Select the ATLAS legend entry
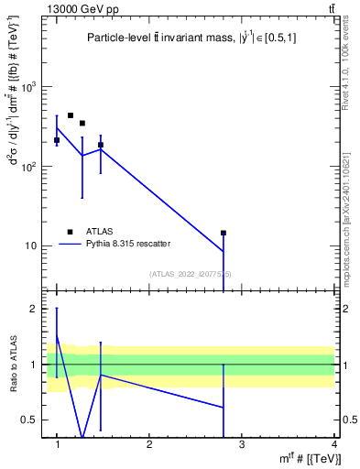[83, 231]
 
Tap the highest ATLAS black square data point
[71, 115]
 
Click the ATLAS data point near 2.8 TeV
[224, 233]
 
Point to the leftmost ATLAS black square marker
[57, 140]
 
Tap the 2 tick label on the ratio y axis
[38, 309]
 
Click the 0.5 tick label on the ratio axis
[34, 420]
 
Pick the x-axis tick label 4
[334, 444]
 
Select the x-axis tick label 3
[242, 444]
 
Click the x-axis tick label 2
[149, 444]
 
